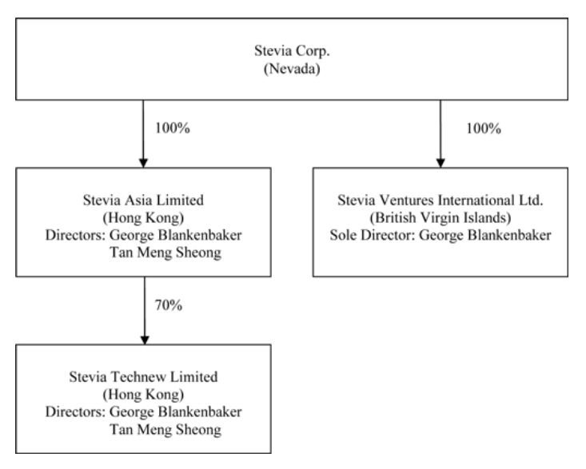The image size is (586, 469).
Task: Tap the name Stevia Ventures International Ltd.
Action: (x=441, y=197)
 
